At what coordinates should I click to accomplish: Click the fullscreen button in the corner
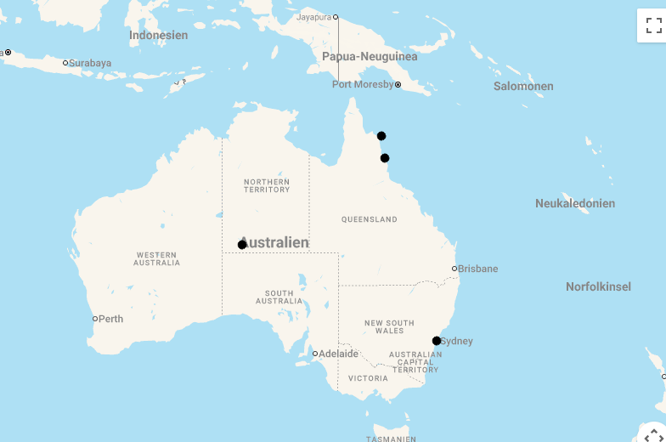tap(653, 25)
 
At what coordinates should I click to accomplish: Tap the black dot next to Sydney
tap(437, 341)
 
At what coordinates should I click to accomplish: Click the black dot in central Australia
tap(242, 245)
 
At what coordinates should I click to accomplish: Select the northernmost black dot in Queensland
tap(381, 136)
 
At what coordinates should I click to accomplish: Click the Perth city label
tap(110, 320)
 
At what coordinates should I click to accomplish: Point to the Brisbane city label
tap(477, 269)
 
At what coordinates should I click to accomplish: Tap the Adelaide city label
tap(338, 354)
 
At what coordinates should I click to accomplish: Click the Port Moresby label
tap(363, 85)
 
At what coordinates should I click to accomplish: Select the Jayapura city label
tap(313, 17)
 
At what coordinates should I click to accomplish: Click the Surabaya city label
tap(90, 63)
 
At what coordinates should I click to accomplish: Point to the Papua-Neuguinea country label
tap(370, 56)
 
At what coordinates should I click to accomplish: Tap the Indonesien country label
tap(159, 35)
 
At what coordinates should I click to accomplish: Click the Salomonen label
tap(523, 86)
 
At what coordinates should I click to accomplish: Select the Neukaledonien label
tap(575, 203)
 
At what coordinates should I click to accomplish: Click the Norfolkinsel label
tap(598, 286)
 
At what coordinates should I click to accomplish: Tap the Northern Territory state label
tap(267, 185)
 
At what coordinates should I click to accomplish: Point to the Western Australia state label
tap(156, 258)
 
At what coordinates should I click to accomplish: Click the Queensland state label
tap(370, 219)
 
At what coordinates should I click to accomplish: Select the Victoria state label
tap(368, 378)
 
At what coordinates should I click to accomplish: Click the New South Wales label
tap(389, 326)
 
